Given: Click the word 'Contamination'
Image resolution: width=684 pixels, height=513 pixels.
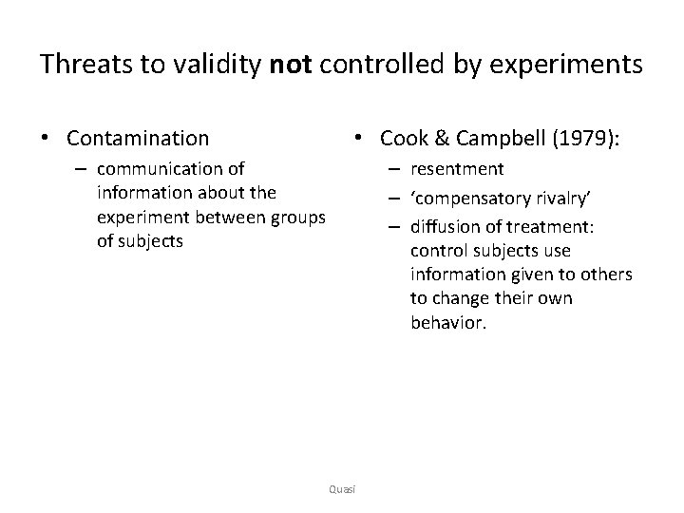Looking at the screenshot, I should (138, 139).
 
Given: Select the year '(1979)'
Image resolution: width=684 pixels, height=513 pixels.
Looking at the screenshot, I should (586, 139).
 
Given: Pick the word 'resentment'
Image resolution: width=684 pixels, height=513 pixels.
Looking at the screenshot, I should (457, 169).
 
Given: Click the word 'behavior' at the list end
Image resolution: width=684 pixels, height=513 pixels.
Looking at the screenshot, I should (447, 323).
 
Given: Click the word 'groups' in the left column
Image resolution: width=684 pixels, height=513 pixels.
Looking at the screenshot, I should (297, 217).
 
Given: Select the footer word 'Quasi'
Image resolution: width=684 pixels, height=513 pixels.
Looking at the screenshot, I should (341, 489).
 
